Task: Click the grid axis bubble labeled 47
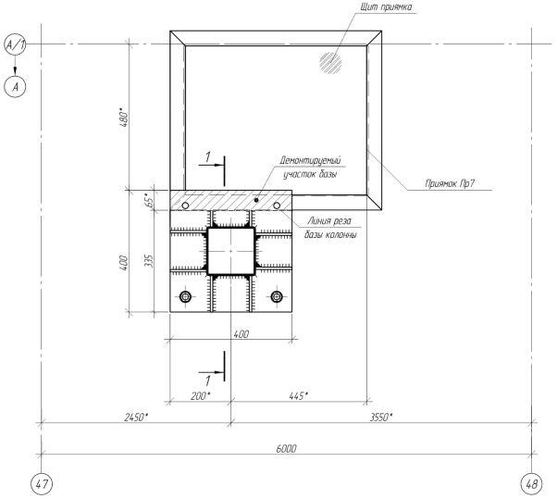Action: [x=42, y=483]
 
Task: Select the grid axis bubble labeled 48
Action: [x=531, y=483]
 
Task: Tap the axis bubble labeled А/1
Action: [x=15, y=44]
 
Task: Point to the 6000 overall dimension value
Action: [x=286, y=448]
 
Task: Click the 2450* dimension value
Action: [x=136, y=417]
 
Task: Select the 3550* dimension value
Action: [x=381, y=417]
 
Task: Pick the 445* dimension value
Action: [x=298, y=395]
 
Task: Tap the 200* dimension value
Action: [x=201, y=395]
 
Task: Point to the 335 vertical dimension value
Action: [x=149, y=261]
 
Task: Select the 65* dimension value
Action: [x=151, y=200]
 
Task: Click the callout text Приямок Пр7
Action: [x=450, y=183]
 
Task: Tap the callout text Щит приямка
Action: [x=386, y=6]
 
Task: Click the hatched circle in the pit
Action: [x=330, y=63]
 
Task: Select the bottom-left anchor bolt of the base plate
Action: [x=185, y=296]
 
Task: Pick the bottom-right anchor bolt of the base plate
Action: [x=277, y=296]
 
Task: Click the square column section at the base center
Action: [x=231, y=251]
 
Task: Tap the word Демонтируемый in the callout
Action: [x=310, y=161]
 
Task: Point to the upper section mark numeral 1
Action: [x=208, y=156]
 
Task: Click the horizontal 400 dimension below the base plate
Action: [x=241, y=334]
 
